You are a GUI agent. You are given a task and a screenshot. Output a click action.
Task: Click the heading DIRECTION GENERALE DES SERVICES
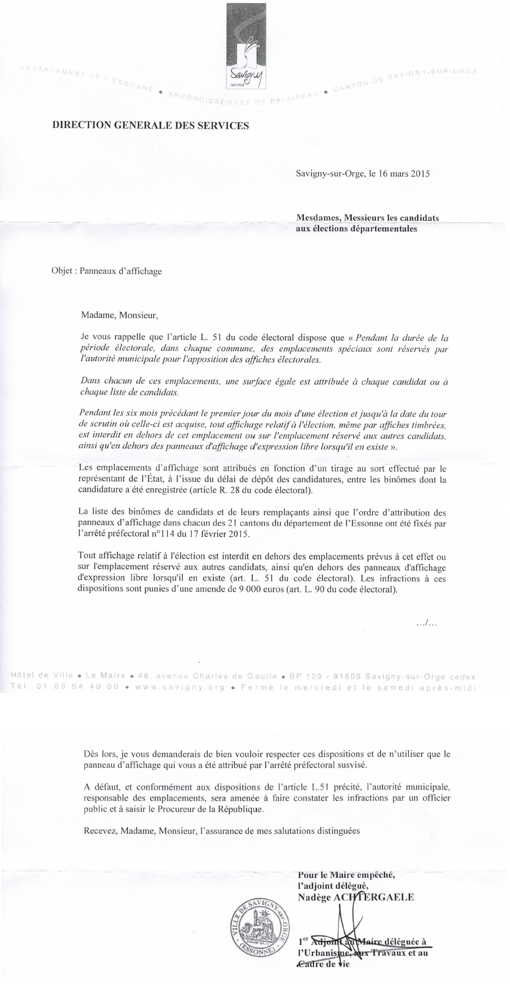click(150, 126)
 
